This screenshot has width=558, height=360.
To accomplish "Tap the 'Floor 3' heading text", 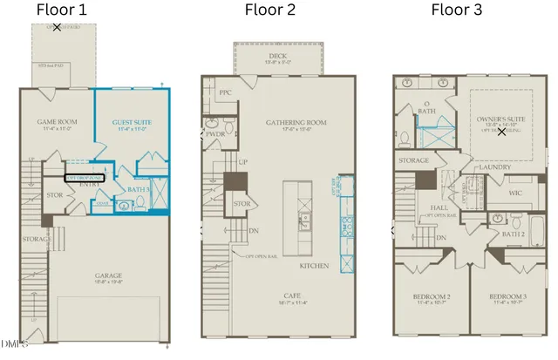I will (457, 10).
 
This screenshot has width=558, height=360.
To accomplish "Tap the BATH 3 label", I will (137, 188).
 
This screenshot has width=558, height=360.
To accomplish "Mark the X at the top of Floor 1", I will (57, 28).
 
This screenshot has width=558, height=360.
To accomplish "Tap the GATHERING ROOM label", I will (296, 123).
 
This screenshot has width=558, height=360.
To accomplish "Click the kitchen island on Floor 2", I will (299, 214).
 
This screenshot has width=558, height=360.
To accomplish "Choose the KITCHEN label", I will (315, 264).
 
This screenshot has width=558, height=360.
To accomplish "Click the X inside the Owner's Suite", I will (501, 132).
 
